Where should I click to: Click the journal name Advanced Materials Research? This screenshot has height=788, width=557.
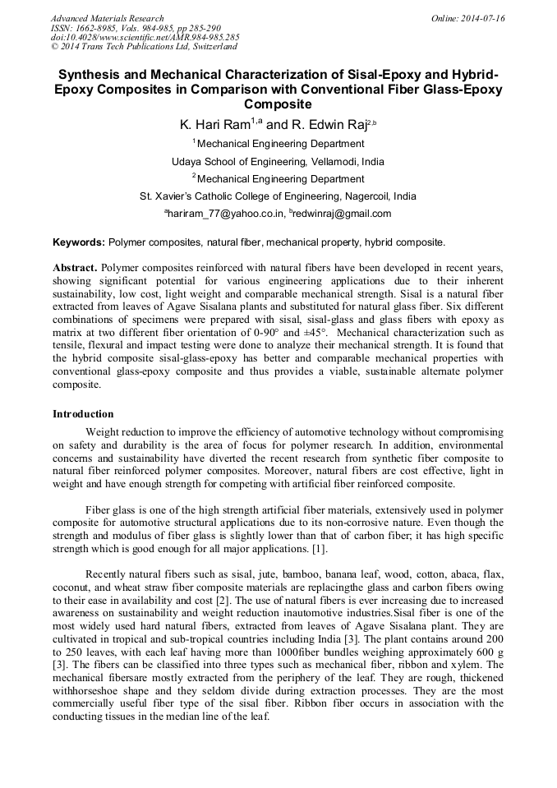pyautogui.click(x=107, y=18)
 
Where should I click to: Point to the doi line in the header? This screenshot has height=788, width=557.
pyautogui.click(x=145, y=37)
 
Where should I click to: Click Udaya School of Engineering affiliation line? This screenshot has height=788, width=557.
pyautogui.click(x=278, y=161)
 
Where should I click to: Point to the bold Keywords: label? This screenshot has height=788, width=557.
pyautogui.click(x=79, y=242)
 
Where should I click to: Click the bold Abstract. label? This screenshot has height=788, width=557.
pyautogui.click(x=75, y=268)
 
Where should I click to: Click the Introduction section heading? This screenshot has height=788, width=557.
pyautogui.click(x=83, y=413)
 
